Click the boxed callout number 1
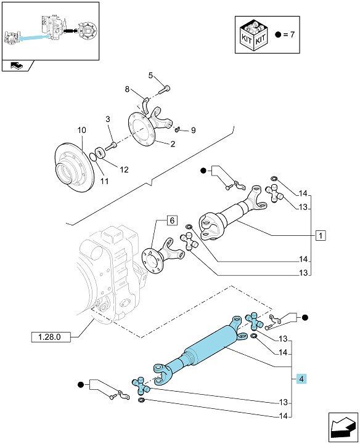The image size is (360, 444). (x=321, y=235)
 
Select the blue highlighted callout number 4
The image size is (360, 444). (x=301, y=379)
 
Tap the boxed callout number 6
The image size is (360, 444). (x=173, y=220)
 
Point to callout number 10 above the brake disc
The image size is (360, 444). (x=81, y=131)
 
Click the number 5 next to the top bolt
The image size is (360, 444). (x=150, y=75)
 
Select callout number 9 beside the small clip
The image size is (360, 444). (x=194, y=131)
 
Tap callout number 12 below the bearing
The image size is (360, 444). (x=124, y=169)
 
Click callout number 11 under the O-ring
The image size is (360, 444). (x=105, y=181)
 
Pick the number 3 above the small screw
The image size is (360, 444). (x=108, y=119)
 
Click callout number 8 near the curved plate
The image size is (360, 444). (x=127, y=89)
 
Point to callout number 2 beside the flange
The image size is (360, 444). (x=173, y=144)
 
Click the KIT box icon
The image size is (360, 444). (x=253, y=35)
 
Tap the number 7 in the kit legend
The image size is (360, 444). (x=292, y=34)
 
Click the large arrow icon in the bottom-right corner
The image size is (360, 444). (x=343, y=427)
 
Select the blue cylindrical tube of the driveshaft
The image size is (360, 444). (x=211, y=345)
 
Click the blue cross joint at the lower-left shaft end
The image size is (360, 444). (x=141, y=386)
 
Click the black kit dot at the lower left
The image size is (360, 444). (x=81, y=385)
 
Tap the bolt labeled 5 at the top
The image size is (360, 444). (x=164, y=89)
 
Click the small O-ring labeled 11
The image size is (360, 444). (x=92, y=156)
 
